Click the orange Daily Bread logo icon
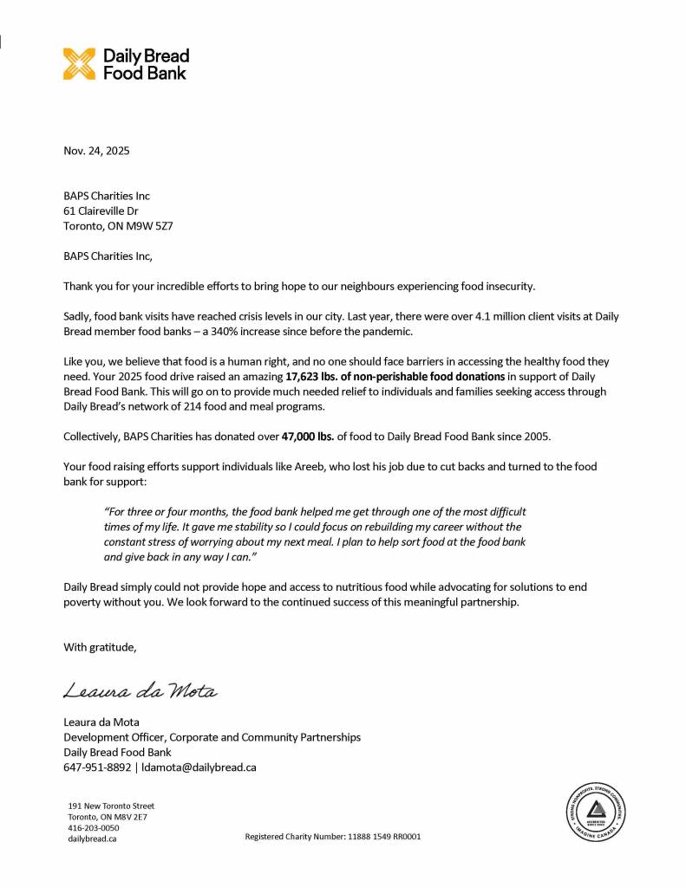80,64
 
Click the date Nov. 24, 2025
96,151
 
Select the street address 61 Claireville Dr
101,210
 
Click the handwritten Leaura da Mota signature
139,691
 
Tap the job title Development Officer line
212,737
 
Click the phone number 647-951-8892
97,767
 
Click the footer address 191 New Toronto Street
111,806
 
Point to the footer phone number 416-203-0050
94,828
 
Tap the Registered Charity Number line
333,837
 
